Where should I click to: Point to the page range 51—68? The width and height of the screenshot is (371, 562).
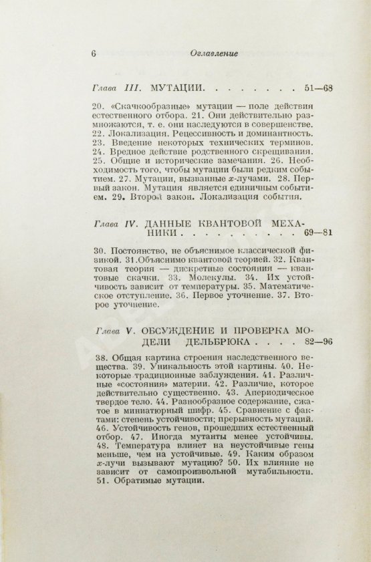[x=317, y=87]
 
